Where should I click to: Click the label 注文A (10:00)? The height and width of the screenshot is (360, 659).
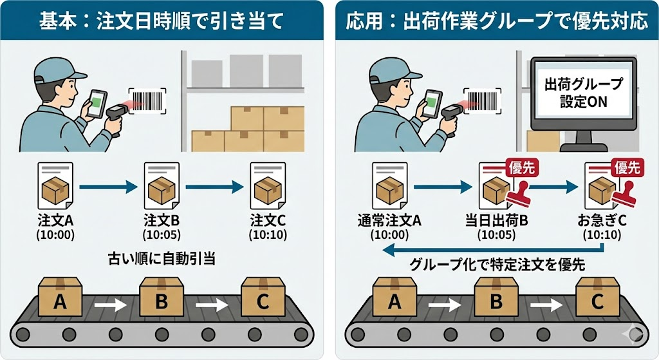click(56, 227)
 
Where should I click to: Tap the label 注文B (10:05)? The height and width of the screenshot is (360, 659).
click(161, 227)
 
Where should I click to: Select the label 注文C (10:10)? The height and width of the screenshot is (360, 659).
click(268, 227)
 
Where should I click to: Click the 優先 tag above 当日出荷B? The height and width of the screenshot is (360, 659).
click(522, 168)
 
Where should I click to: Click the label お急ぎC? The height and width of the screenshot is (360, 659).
click(602, 221)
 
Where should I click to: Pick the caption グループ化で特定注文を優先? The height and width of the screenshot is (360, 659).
click(499, 264)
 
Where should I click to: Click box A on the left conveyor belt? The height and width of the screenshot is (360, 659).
click(60, 300)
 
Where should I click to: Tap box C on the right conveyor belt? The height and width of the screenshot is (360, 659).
click(597, 300)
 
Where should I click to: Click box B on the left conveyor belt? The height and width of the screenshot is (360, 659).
click(161, 300)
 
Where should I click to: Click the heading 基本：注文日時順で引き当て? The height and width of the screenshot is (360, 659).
click(162, 21)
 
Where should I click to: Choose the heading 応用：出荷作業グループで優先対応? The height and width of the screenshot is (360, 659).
click(496, 21)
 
